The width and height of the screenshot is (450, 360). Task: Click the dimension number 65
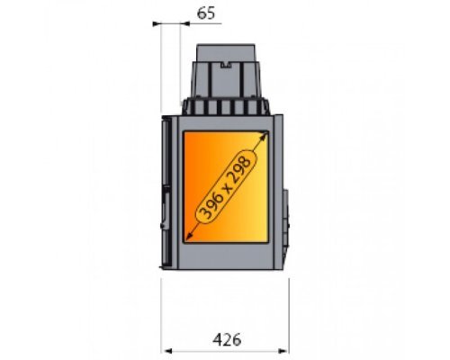tap(206, 13)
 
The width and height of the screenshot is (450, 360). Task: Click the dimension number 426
tap(227, 340)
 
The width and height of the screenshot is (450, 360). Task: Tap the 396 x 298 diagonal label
tap(225, 186)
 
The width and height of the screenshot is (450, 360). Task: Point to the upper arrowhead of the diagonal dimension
tap(264, 135)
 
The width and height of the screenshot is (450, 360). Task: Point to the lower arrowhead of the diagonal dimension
tap(189, 237)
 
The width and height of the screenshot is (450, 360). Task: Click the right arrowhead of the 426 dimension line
tap(283, 351)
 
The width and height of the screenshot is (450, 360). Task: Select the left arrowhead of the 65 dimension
tap(157, 23)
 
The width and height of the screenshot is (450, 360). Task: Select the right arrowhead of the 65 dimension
tap(185, 23)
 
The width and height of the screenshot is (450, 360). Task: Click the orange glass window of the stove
tap(226, 186)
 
